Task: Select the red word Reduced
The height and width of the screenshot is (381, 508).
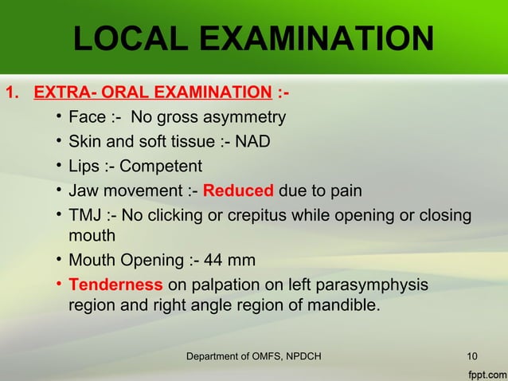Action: click(x=239, y=191)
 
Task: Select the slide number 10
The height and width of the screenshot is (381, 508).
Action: click(x=471, y=355)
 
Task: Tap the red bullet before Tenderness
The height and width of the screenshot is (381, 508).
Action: click(x=59, y=285)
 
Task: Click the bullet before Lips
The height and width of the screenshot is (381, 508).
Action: click(x=59, y=167)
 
